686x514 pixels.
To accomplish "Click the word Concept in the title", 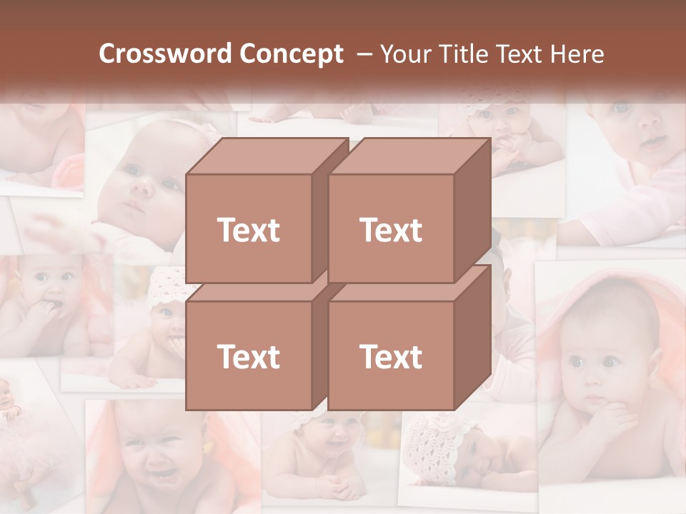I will pyautogui.click(x=291, y=54).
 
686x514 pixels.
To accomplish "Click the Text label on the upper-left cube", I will pyautogui.click(x=248, y=230).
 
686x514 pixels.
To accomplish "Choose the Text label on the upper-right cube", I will pyautogui.click(x=391, y=230).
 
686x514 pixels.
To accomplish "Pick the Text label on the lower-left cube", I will pyautogui.click(x=248, y=356).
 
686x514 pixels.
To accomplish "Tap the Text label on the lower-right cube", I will pyautogui.click(x=391, y=356).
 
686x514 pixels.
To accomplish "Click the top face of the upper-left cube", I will pyautogui.click(x=267, y=156).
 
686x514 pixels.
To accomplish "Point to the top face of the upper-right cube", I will pyautogui.click(x=409, y=156).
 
